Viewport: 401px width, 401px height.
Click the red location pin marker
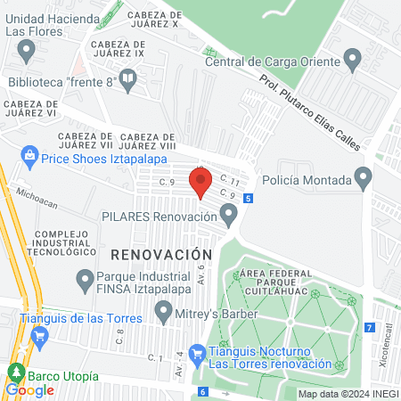tap(200, 182)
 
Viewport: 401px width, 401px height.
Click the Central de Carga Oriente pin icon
tap(353, 61)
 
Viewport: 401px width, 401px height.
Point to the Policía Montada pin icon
tap(363, 178)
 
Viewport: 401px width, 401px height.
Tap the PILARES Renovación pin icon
tap(230, 216)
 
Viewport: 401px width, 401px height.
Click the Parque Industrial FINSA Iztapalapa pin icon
tap(85, 280)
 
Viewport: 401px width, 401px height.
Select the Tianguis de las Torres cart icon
tap(38, 336)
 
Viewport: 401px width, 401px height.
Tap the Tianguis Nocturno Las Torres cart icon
tap(197, 355)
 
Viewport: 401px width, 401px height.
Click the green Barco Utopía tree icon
tap(15, 372)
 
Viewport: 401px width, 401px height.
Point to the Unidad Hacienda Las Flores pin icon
tap(28, 51)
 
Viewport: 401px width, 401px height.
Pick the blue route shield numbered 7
tap(369, 328)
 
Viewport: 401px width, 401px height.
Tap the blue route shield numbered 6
tap(203, 391)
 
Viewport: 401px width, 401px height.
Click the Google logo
tap(29, 390)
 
